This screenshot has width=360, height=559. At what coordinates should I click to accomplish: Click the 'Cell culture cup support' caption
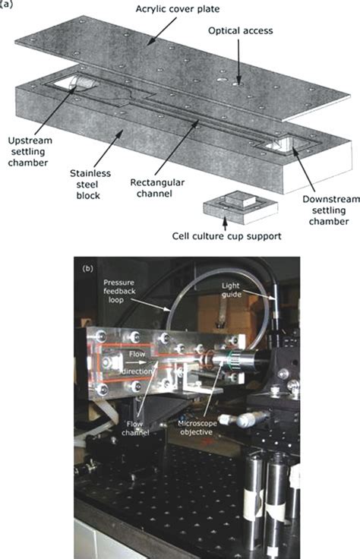[231, 236]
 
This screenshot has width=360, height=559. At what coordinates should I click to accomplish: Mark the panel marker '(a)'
[7, 4]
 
